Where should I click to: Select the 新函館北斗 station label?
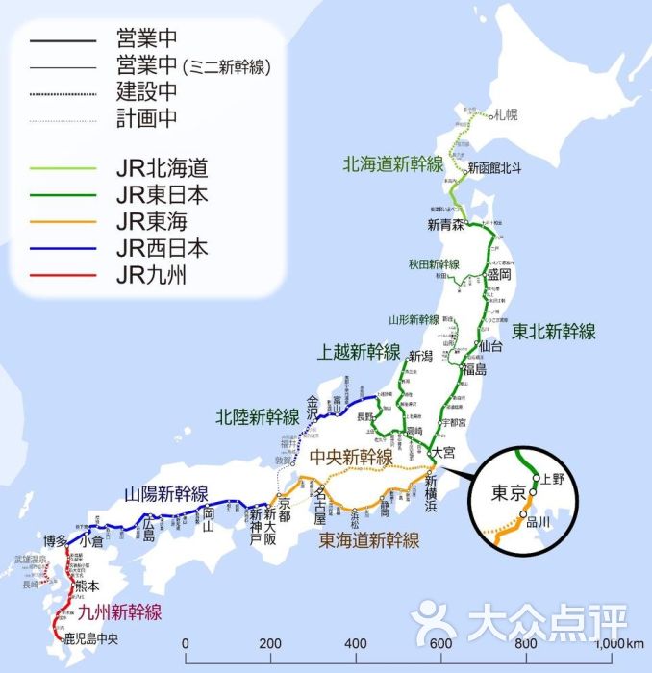tap(495, 168)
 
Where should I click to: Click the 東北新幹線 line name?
tap(553, 332)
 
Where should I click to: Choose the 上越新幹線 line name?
tap(359, 353)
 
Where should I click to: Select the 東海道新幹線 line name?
tap(369, 539)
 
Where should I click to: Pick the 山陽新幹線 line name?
tap(166, 494)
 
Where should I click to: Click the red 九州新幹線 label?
tap(120, 612)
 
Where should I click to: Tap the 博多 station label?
tap(54, 541)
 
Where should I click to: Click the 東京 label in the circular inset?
tap(510, 494)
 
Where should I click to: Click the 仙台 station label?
tap(490, 345)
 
